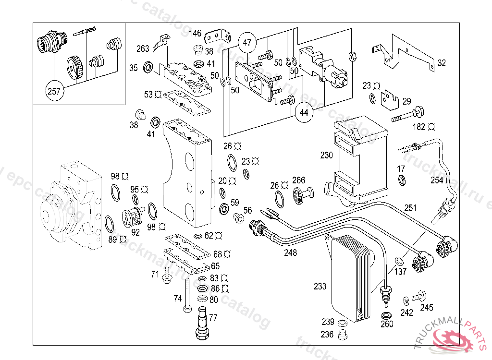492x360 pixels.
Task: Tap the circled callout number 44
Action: click(x=304, y=113)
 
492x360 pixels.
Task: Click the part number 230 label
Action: click(x=327, y=156)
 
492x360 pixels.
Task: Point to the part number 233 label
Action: click(x=320, y=286)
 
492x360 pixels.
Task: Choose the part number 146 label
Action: click(x=195, y=33)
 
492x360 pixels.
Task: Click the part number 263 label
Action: click(x=143, y=48)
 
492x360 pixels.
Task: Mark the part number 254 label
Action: click(x=437, y=180)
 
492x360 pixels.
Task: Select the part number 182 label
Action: click(x=419, y=127)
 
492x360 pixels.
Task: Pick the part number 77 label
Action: click(x=213, y=317)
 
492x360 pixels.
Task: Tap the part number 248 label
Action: click(x=290, y=253)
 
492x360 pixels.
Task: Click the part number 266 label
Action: click(x=299, y=180)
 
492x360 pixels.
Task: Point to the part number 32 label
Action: click(x=442, y=62)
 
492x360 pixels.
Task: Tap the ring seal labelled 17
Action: click(x=401, y=180)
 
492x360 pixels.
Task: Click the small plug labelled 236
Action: click(x=343, y=334)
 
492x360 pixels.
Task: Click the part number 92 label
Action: click(x=135, y=233)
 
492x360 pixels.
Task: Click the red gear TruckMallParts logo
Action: click(x=452, y=340)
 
